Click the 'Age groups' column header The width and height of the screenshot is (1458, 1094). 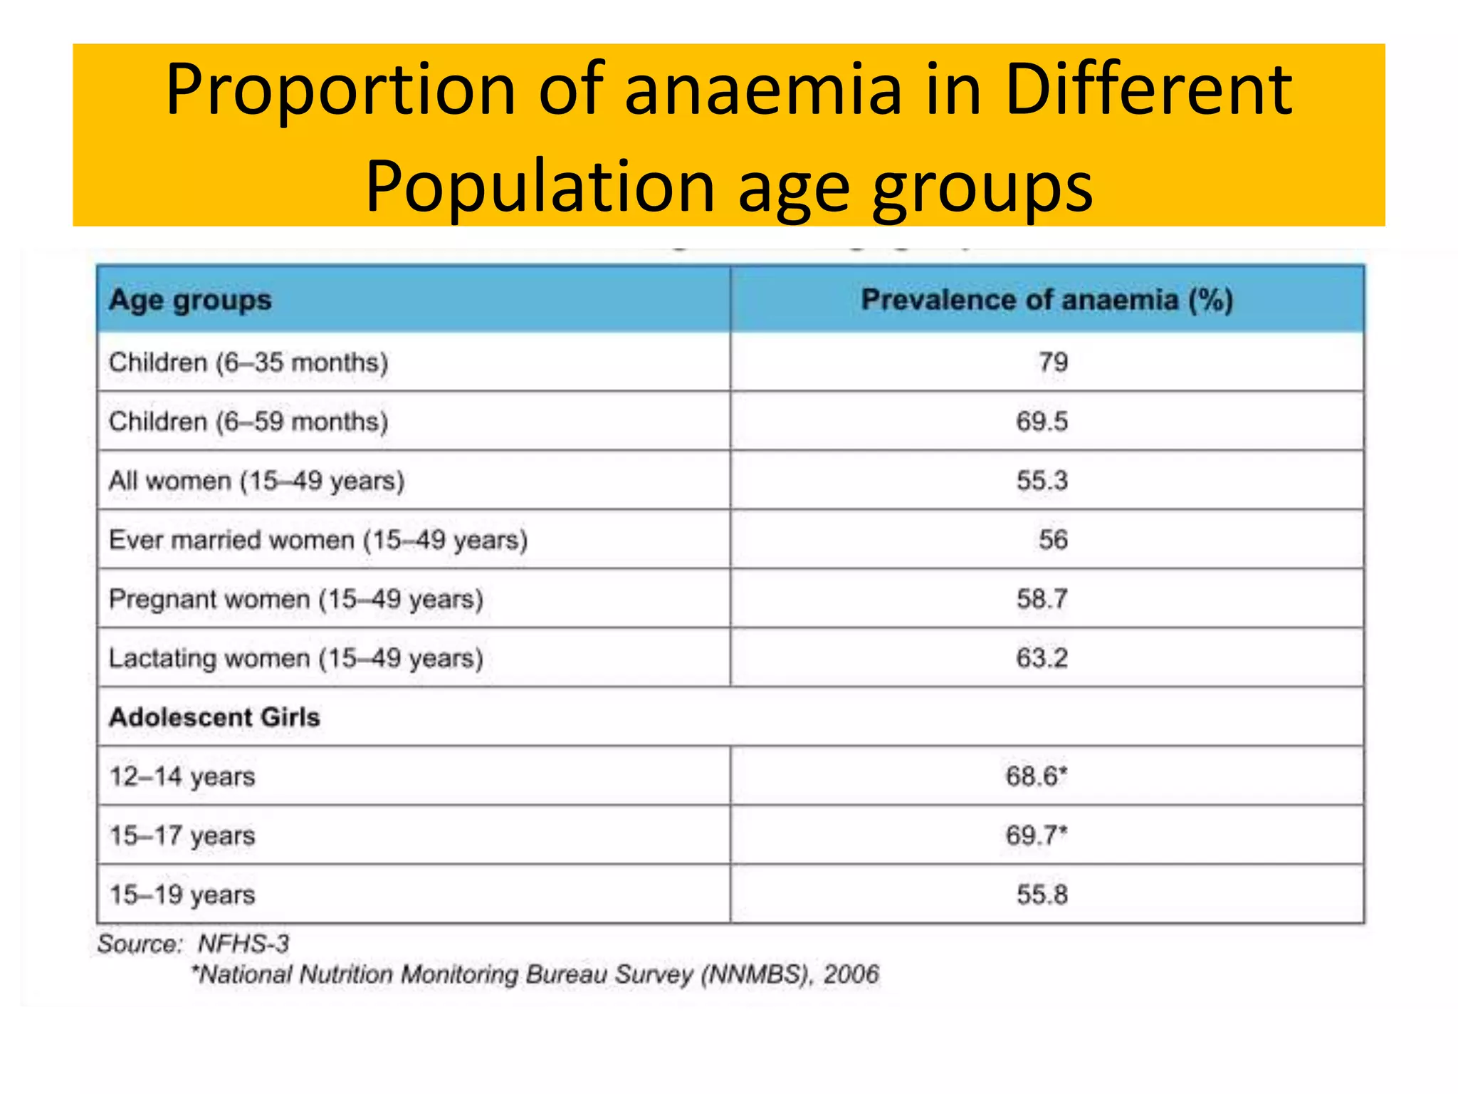[190, 301]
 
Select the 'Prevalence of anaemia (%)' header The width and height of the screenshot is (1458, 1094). [1047, 300]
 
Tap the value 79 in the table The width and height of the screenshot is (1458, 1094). [1053, 362]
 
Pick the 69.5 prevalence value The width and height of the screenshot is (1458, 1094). [1042, 421]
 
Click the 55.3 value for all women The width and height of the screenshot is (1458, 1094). [1042, 480]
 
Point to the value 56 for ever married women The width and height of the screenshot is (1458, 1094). [1053, 539]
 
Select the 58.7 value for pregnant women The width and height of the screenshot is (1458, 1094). [1042, 598]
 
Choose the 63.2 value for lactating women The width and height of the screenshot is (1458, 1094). [1042, 657]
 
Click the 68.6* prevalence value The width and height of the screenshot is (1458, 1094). [1037, 776]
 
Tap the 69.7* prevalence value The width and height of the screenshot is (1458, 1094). [1037, 835]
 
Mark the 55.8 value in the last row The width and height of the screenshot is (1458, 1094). [1042, 894]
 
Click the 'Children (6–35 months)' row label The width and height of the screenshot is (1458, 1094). [248, 363]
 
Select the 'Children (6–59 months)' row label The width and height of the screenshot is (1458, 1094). [248, 422]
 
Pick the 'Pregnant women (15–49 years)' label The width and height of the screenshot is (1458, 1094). [296, 599]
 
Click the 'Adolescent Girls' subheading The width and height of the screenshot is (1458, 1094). [214, 717]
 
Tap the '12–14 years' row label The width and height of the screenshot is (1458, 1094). [182, 776]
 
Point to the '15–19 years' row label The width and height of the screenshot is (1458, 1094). [182, 895]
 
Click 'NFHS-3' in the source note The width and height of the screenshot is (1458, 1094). [243, 944]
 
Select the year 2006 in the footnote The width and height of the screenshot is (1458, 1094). [851, 974]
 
